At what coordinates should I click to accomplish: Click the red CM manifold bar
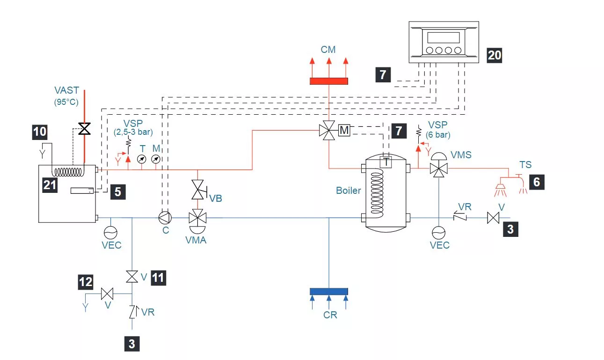(329, 81)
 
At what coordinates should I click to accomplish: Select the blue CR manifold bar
(329, 291)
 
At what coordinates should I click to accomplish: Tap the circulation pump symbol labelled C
(165, 218)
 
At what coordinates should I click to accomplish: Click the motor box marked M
(344, 131)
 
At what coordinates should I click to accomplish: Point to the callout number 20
(495, 55)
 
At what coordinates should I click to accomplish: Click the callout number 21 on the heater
(50, 185)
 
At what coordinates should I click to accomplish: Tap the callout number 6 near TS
(536, 182)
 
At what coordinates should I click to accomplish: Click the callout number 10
(40, 132)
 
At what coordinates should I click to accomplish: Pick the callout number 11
(158, 278)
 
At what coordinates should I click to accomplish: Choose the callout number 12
(86, 282)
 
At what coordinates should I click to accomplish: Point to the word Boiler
(349, 191)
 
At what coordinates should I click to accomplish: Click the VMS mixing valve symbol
(438, 169)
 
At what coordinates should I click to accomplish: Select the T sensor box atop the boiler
(386, 162)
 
